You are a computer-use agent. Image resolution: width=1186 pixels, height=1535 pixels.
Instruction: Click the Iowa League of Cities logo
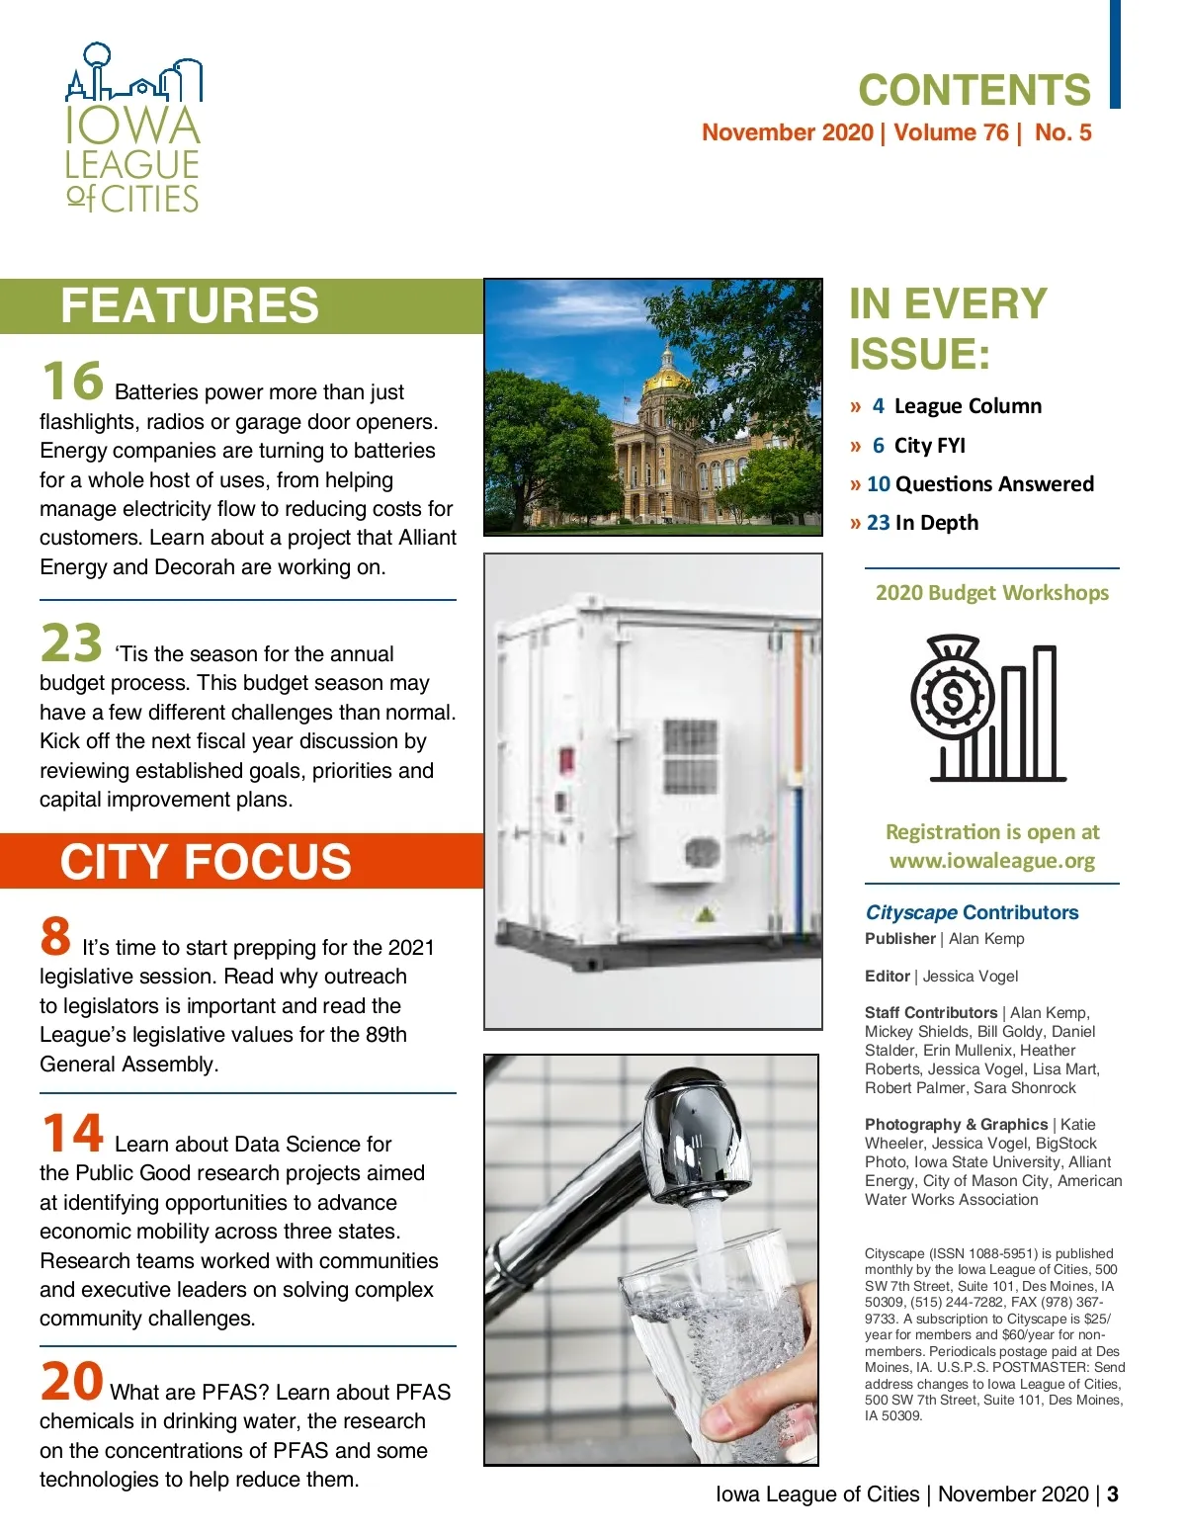pyautogui.click(x=133, y=128)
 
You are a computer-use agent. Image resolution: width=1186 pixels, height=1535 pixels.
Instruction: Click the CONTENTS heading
pyautogui.click(x=974, y=91)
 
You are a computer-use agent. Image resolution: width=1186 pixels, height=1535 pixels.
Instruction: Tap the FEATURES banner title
pyautogui.click(x=190, y=305)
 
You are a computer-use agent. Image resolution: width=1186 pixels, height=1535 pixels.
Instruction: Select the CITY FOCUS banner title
pyautogui.click(x=206, y=862)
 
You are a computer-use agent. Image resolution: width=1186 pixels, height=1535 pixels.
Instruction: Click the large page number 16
pyautogui.click(x=72, y=382)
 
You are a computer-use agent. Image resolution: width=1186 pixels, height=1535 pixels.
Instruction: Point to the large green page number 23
pyautogui.click(x=71, y=643)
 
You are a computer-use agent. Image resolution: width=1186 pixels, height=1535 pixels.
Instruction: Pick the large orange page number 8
pyautogui.click(x=55, y=936)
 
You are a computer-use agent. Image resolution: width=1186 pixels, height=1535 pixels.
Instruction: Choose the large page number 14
pyautogui.click(x=72, y=1134)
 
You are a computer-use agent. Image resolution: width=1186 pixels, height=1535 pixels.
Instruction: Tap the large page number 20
pyautogui.click(x=72, y=1381)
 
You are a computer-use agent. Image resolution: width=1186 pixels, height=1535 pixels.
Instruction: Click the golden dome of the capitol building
pyautogui.click(x=667, y=376)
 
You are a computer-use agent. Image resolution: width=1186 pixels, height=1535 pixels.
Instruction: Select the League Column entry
pyautogui.click(x=967, y=406)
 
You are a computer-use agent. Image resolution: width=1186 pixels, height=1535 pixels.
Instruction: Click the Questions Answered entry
pyautogui.click(x=993, y=484)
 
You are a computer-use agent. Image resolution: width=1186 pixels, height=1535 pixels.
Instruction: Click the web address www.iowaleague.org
pyautogui.click(x=991, y=861)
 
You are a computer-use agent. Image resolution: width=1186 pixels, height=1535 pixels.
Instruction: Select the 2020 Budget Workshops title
pyautogui.click(x=991, y=593)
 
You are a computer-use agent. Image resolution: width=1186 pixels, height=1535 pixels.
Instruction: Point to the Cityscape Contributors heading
pyautogui.click(x=972, y=912)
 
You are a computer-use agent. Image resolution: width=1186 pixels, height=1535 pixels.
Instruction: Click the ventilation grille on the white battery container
pyautogui.click(x=690, y=755)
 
